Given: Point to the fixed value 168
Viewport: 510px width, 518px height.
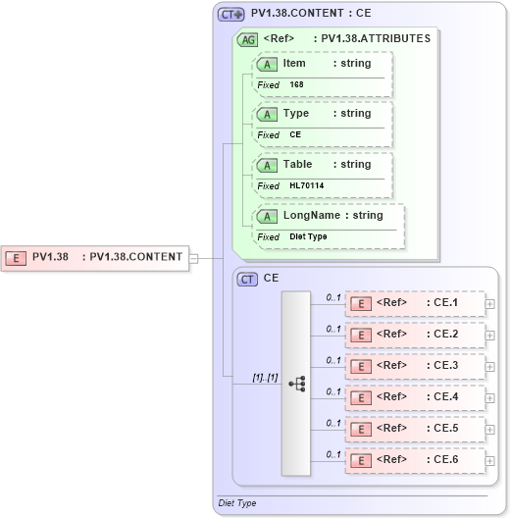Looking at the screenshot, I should (296, 85).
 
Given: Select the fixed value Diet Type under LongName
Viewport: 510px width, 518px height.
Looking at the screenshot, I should (308, 236).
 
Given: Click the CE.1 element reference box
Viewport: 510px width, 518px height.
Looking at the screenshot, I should (415, 303).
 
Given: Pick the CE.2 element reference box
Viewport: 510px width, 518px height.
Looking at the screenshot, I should (415, 335).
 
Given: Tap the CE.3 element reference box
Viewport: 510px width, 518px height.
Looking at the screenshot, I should (415, 366).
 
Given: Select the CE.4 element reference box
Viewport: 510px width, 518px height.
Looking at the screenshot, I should (415, 397).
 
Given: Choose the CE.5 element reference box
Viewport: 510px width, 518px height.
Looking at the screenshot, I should (415, 429).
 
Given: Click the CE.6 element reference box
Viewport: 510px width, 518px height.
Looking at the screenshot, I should (415, 460).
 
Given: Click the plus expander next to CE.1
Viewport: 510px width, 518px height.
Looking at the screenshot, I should (490, 304).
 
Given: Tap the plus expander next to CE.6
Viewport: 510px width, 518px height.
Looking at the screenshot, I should (490, 461).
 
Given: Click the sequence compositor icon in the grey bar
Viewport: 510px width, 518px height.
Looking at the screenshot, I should (296, 384).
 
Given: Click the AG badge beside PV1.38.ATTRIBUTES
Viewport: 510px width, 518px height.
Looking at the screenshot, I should (248, 39).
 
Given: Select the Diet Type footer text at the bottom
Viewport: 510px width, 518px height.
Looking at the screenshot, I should (236, 503).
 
